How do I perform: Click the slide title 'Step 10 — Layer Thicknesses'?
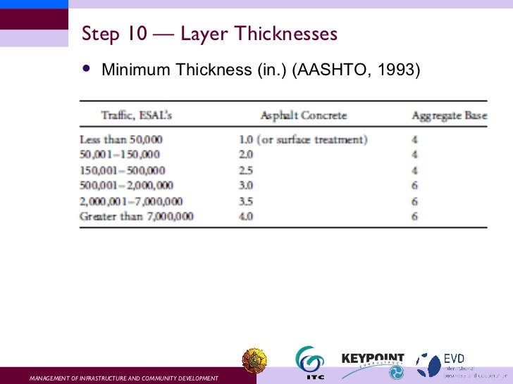pos(209,34)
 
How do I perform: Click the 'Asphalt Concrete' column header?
pos(304,115)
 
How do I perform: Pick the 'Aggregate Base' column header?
pos(450,115)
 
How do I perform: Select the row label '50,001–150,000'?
pos(120,154)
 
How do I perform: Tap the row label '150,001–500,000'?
pos(123,169)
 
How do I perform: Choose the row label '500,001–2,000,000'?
pos(127,185)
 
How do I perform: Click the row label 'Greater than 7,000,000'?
pos(137,216)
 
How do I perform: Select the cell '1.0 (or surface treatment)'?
pos(303,139)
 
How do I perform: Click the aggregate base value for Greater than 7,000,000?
pos(414,216)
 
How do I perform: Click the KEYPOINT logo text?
pos(373,358)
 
